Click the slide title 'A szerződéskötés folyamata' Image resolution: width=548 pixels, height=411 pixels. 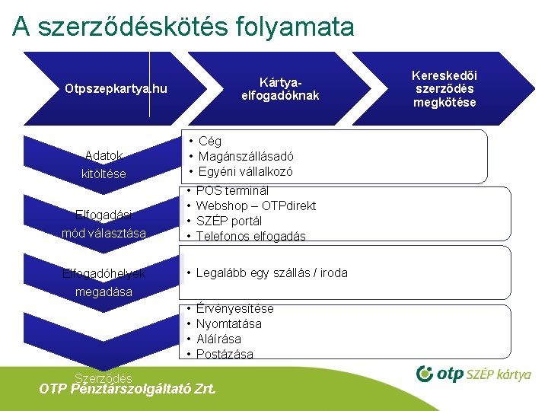pyautogui.click(x=183, y=27)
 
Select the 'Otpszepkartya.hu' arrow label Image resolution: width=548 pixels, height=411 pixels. pyautogui.click(x=116, y=90)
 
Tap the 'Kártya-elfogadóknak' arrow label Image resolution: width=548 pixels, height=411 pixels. pyautogui.click(x=280, y=88)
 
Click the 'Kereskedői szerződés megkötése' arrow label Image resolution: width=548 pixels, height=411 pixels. pyautogui.click(x=444, y=88)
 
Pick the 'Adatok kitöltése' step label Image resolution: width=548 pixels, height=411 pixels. pyautogui.click(x=104, y=164)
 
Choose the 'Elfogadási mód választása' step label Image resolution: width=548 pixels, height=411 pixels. pyautogui.click(x=104, y=223)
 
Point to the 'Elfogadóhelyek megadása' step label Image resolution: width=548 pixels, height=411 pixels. pyautogui.click(x=104, y=282)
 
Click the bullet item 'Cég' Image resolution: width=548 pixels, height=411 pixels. pyautogui.click(x=209, y=141)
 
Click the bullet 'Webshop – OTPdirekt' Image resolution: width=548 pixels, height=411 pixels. pyautogui.click(x=256, y=205)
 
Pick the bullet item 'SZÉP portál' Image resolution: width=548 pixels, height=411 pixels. pyautogui.click(x=228, y=221)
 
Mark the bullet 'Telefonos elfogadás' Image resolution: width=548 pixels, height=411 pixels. pyautogui.click(x=250, y=236)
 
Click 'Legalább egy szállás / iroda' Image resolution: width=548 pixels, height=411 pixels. pyautogui.click(x=271, y=272)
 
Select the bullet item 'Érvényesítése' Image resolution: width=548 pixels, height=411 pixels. pyautogui.click(x=234, y=308)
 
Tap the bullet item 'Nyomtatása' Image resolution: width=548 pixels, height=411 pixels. pyautogui.click(x=228, y=323)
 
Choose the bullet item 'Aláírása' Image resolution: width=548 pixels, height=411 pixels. pyautogui.click(x=218, y=339)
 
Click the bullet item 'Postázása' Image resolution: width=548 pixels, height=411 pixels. pyautogui.click(x=225, y=354)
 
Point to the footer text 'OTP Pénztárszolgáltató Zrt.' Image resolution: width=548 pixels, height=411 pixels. pyautogui.click(x=127, y=389)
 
